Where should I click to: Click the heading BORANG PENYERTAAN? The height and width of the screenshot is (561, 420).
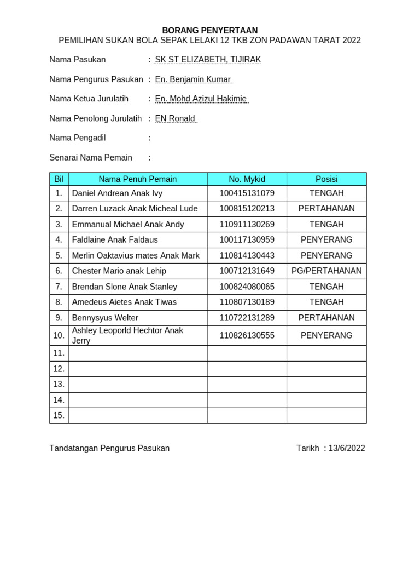pyautogui.click(x=209, y=31)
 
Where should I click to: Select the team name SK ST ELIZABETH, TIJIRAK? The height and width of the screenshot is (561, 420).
pyautogui.click(x=208, y=60)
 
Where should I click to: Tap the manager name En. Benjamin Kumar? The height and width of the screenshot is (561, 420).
pyautogui.click(x=193, y=79)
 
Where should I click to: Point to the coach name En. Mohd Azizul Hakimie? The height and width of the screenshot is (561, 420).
pyautogui.click(x=201, y=99)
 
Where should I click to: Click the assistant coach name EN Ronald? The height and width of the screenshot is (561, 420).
pyautogui.click(x=175, y=118)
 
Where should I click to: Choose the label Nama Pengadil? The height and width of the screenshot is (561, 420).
pyautogui.click(x=77, y=138)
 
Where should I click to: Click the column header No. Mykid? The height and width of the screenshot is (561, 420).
pyautogui.click(x=247, y=179)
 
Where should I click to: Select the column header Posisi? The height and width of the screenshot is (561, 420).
pyautogui.click(x=326, y=179)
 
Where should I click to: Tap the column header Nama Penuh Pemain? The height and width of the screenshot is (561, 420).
pyautogui.click(x=137, y=179)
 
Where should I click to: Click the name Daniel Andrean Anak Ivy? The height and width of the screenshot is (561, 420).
pyautogui.click(x=117, y=193)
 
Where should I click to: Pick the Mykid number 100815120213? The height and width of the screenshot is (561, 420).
pyautogui.click(x=247, y=209)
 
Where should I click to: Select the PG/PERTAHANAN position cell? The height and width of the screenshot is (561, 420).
pyautogui.click(x=326, y=271)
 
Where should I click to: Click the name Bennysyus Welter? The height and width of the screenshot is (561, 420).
pyautogui.click(x=105, y=318)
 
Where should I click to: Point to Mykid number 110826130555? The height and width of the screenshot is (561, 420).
pyautogui.click(x=247, y=336)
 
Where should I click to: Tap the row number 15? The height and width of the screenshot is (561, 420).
pyautogui.click(x=59, y=416)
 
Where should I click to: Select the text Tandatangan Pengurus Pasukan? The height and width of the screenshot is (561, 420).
pyautogui.click(x=109, y=448)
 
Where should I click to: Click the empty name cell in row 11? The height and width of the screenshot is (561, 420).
pyautogui.click(x=137, y=353)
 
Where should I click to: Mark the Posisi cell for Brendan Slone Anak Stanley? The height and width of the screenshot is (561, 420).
pyautogui.click(x=326, y=287)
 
